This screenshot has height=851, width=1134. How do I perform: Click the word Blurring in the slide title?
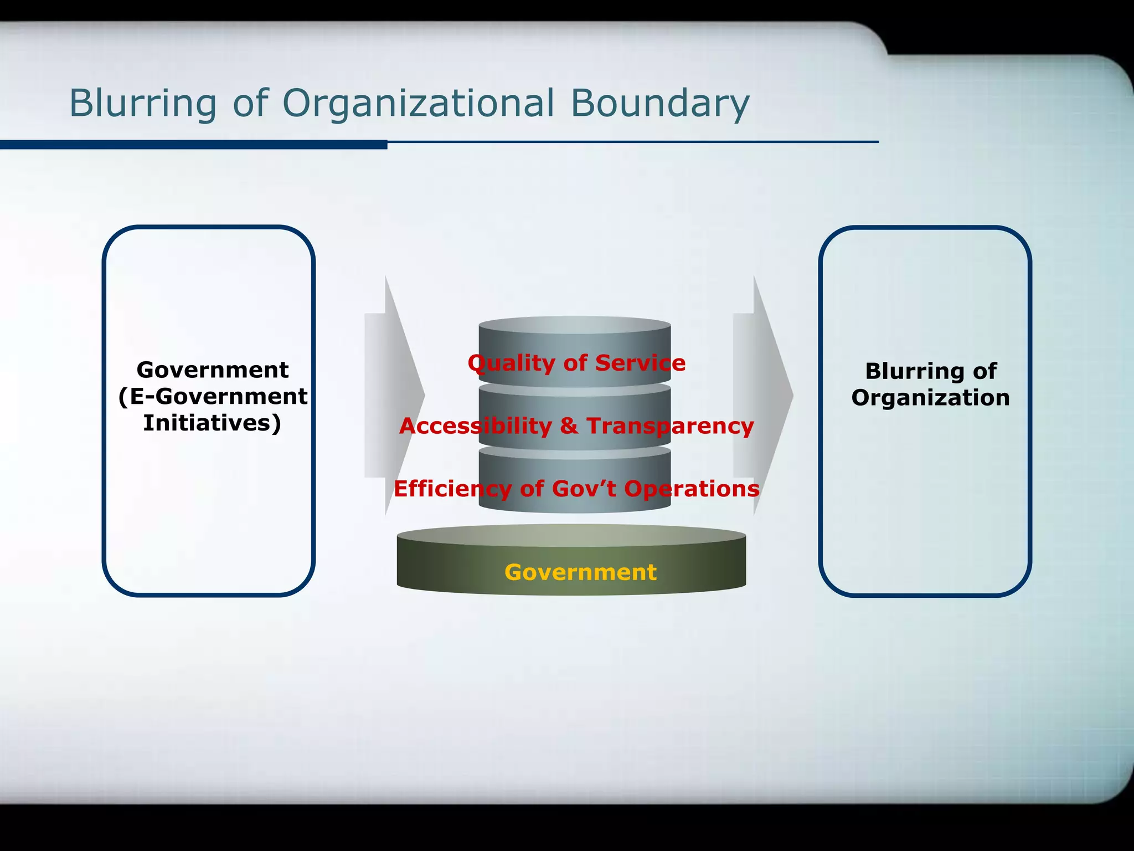coord(142,104)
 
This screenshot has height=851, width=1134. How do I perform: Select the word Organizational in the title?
coord(418,104)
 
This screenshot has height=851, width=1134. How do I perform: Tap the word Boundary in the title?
coord(660,104)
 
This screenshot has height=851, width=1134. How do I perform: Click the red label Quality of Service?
coord(576,363)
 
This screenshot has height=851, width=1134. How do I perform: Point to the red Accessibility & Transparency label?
coord(576,426)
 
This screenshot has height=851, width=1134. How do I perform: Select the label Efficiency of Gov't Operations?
coord(576,489)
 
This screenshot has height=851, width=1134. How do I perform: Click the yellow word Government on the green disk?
coord(580,572)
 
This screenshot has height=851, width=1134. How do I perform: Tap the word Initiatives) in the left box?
coord(212,423)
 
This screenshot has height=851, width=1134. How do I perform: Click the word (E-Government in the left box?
coord(213,396)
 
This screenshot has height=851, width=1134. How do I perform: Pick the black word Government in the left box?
coord(213,370)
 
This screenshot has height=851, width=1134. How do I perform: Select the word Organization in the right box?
coord(930,398)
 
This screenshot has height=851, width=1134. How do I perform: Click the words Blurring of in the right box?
coord(930,371)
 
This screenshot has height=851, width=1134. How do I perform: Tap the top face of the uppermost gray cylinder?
coord(575,325)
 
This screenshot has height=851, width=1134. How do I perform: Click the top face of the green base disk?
coord(571,535)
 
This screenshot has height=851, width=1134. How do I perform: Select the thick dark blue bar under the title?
coord(194,145)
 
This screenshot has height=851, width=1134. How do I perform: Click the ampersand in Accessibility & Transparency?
coord(569,426)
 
